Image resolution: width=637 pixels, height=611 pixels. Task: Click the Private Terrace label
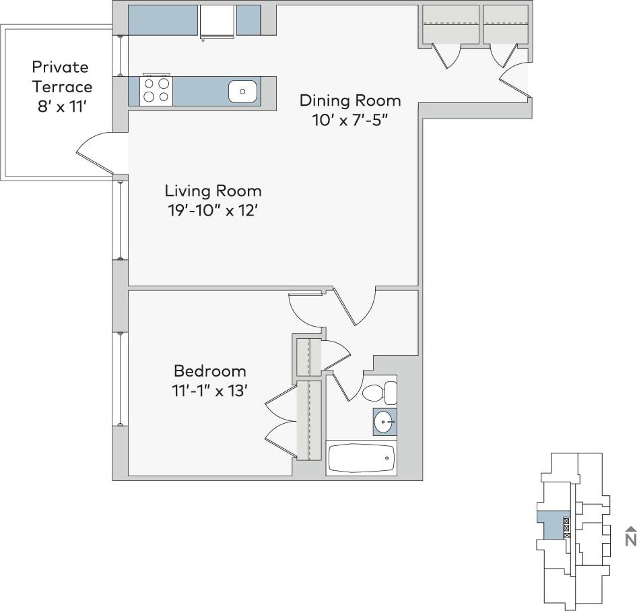61,77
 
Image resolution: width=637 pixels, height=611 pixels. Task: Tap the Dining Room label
350,101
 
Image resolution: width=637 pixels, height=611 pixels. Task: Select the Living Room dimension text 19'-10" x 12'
213,211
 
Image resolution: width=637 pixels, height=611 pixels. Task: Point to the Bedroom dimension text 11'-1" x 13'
210,391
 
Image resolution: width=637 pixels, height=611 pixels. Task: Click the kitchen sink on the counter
243,91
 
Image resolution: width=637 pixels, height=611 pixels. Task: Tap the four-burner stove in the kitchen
156,91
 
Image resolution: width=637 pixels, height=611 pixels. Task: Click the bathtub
361,459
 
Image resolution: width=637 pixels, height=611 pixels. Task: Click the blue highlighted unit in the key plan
551,524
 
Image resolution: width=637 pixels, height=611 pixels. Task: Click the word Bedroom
210,371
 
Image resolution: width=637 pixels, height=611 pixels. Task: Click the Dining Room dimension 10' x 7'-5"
350,120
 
